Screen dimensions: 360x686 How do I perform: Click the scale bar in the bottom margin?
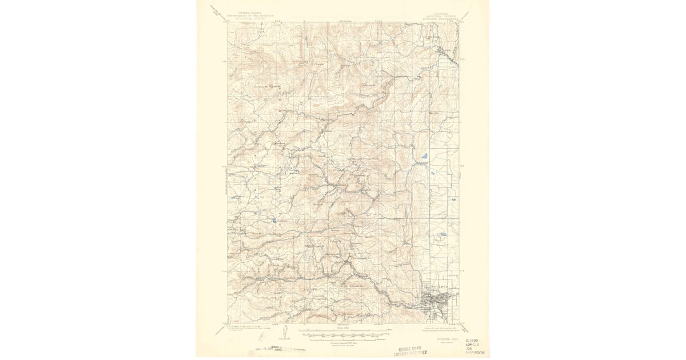tap(343, 333)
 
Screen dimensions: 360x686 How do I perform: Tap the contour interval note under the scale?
tap(343, 342)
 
